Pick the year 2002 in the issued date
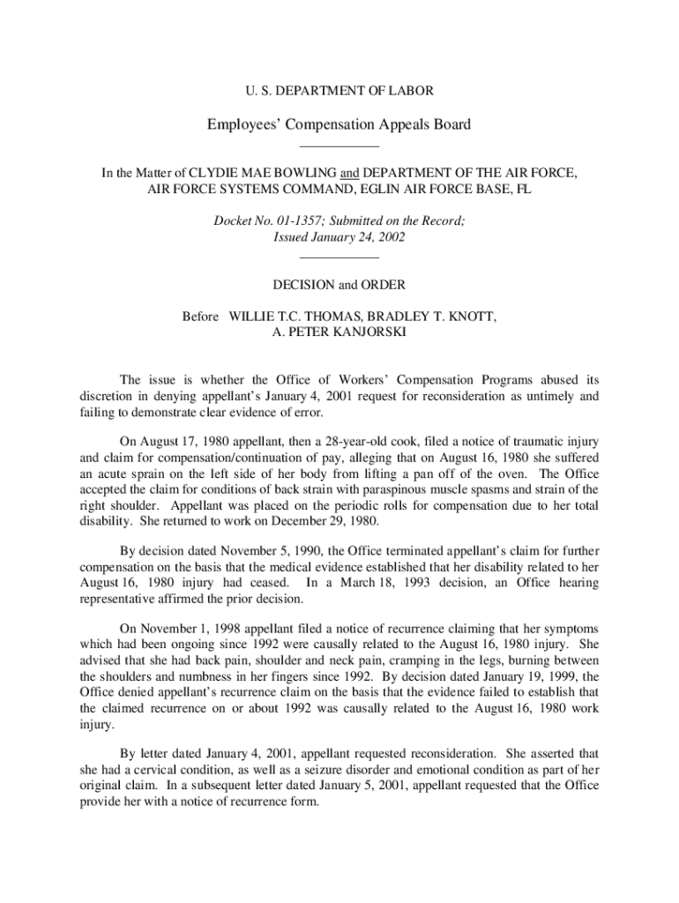tap(388, 238)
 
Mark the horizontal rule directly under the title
tap(339, 146)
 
